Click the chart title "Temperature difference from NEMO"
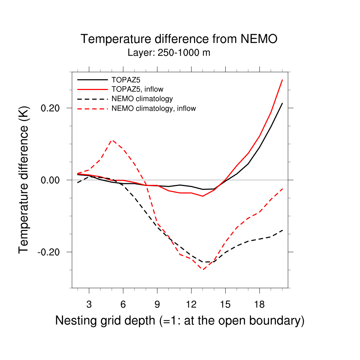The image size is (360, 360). tap(179, 39)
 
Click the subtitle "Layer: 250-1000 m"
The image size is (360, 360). tap(169, 53)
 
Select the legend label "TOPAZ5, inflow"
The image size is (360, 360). tap(137, 89)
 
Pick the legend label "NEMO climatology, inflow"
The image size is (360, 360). tap(153, 108)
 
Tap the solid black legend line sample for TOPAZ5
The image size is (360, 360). tap(92, 79)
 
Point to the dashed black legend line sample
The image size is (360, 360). tap(92, 99)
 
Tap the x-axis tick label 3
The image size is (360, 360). tap(89, 304)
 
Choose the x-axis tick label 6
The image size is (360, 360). tap(123, 304)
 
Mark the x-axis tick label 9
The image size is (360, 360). tap(157, 304)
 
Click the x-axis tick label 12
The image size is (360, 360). tap(191, 304)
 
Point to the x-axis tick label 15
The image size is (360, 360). tap(225, 304)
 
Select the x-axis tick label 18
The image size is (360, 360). tap(259, 304)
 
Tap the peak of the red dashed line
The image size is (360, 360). tap(112, 140)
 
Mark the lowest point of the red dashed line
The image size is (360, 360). tap(203, 270)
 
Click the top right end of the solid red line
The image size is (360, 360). tap(282, 80)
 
